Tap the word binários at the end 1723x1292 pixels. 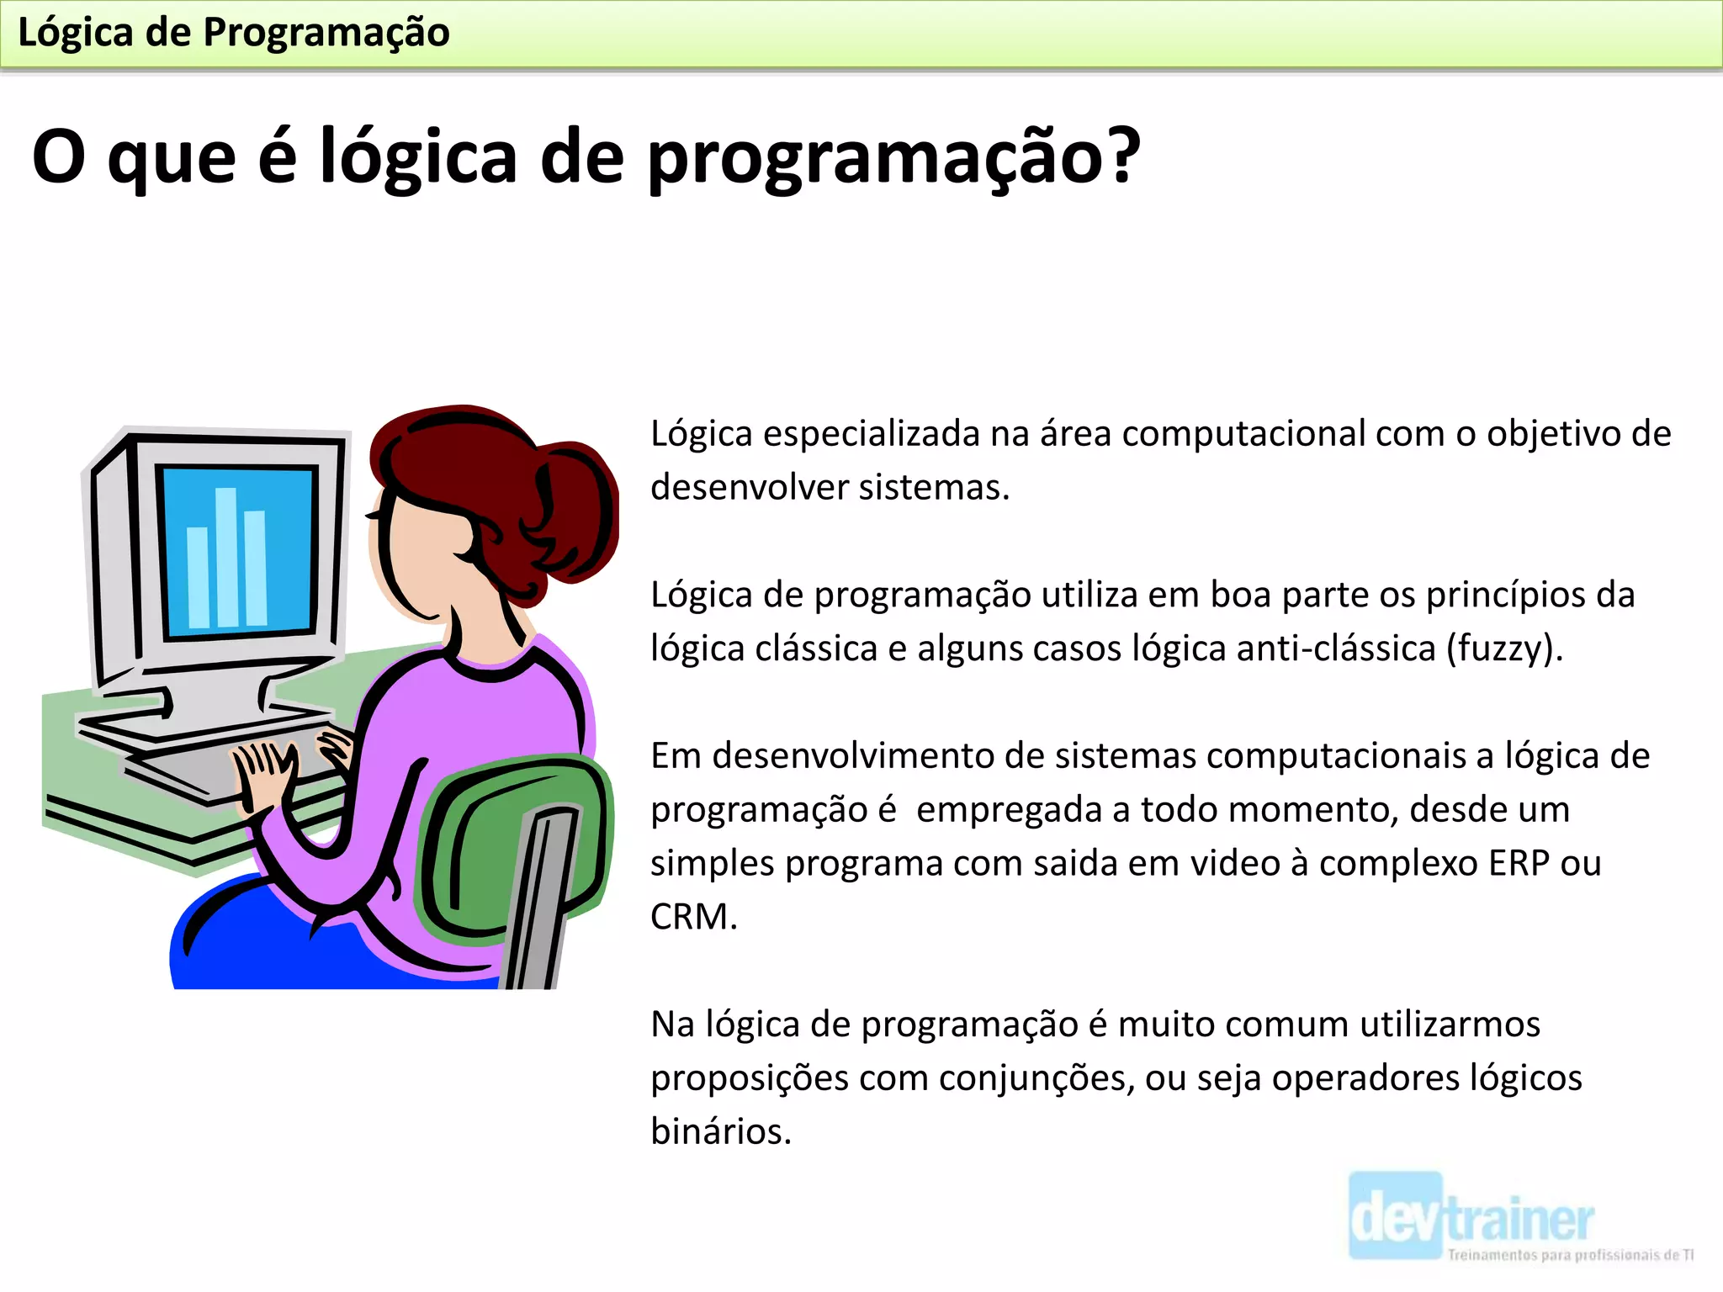(x=720, y=1131)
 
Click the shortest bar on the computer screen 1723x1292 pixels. (x=199, y=578)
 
